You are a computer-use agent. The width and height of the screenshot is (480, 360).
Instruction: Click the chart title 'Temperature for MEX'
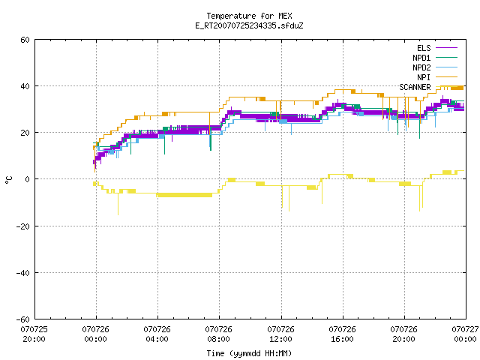249,16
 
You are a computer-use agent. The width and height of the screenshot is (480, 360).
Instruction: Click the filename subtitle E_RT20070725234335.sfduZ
249,25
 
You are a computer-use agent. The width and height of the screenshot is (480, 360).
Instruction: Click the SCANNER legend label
415,87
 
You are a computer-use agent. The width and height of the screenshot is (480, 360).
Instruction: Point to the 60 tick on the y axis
25,40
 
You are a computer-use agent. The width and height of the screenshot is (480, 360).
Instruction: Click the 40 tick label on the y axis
25,86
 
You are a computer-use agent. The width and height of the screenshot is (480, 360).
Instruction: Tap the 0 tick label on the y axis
28,179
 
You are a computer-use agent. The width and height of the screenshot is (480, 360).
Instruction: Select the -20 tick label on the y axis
23,226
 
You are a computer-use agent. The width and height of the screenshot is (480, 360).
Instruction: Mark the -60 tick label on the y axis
23,319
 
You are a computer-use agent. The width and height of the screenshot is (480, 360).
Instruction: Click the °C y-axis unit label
8,180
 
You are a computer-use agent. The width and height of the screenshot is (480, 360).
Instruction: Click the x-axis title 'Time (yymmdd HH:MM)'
249,353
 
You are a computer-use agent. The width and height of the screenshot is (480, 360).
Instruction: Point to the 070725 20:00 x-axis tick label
34,334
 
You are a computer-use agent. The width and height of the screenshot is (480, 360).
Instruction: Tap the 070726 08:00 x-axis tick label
218,334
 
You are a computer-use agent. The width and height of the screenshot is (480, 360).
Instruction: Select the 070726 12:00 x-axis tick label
280,334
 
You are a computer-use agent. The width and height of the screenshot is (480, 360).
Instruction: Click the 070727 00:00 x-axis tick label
465,334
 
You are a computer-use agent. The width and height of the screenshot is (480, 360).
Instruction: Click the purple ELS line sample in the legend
446,48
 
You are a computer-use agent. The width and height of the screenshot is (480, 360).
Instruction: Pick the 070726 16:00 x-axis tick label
342,334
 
